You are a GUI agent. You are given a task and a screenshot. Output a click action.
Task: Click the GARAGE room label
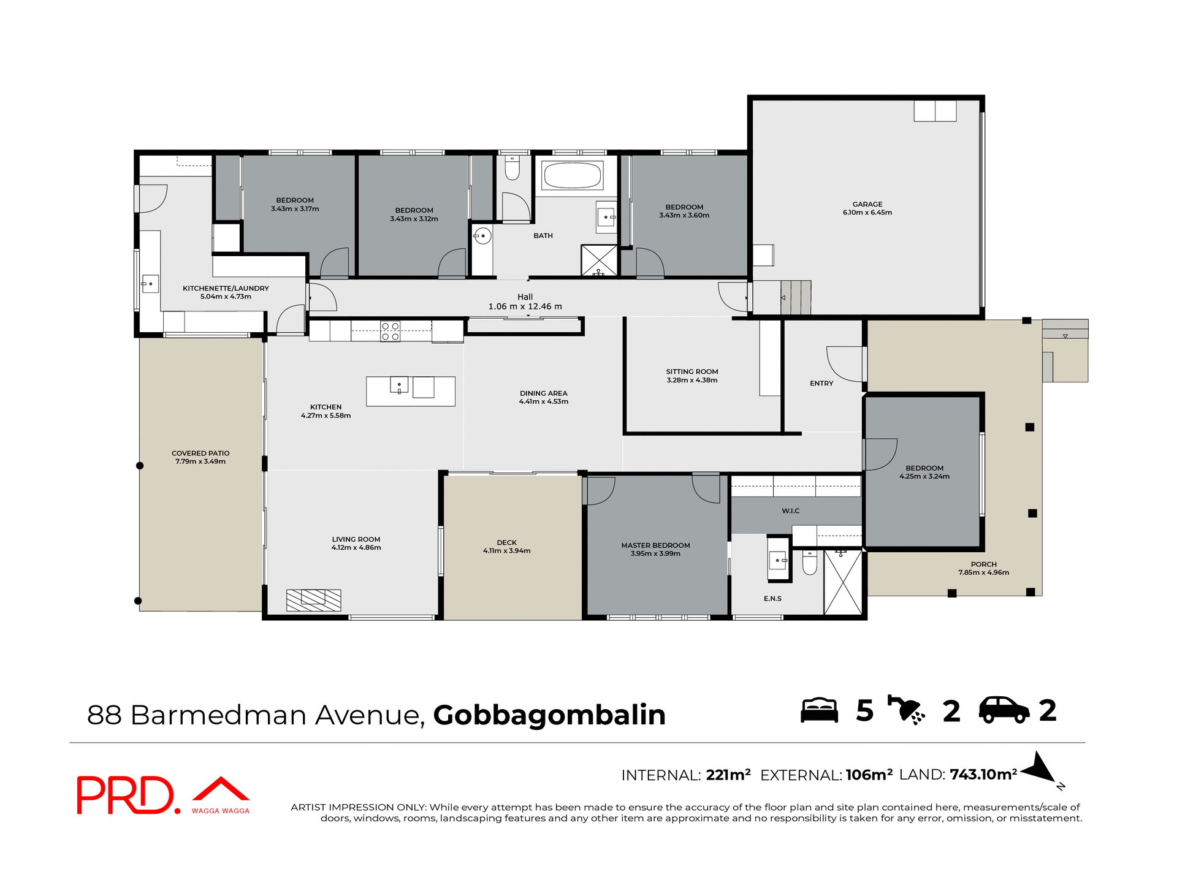coord(867,205)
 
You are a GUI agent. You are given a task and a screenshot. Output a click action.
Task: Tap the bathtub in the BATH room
coord(573,175)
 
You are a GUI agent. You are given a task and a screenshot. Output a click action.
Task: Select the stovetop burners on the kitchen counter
coord(390,332)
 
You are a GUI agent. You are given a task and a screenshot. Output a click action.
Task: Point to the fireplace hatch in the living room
coord(313,600)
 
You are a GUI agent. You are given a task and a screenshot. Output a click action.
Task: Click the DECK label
coord(506,542)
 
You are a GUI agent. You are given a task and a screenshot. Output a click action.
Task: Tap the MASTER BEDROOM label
coord(655,545)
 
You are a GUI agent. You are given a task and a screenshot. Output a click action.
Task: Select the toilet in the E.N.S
coord(810,563)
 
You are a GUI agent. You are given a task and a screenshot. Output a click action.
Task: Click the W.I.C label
coord(790,510)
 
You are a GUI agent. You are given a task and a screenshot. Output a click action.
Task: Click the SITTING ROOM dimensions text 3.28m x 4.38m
coord(691,380)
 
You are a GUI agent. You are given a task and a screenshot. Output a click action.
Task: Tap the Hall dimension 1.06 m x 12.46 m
coord(525,306)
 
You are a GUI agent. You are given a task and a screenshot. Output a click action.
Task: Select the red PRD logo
coord(128,795)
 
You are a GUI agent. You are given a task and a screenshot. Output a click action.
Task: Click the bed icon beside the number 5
coord(819,710)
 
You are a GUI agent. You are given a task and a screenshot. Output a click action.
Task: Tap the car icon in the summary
coord(1004,710)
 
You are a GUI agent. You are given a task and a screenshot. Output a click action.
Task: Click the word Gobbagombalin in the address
coord(549,715)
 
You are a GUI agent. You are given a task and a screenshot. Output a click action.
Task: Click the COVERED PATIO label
coord(200,453)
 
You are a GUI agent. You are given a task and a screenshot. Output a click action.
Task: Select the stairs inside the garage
coord(796,297)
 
